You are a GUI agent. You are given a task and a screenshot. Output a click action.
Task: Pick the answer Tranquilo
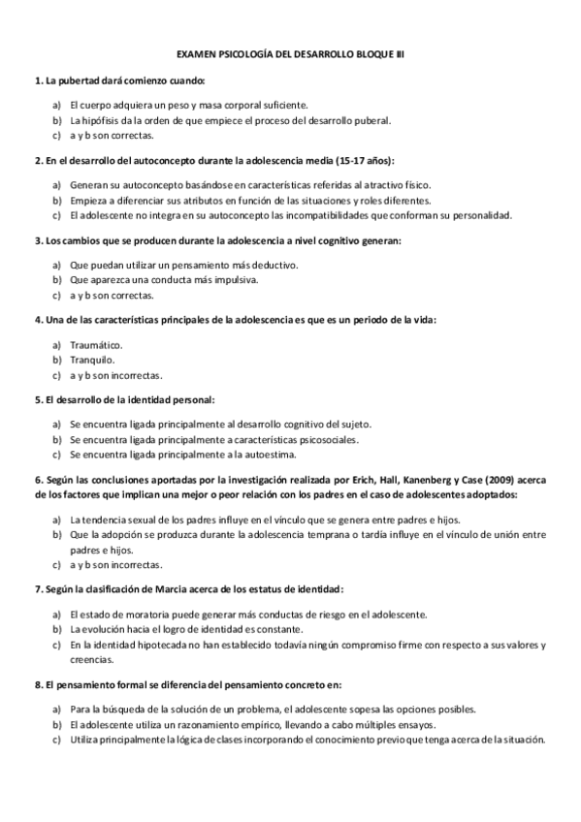[92, 359]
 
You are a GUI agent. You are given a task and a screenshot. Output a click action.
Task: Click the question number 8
[37, 684]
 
